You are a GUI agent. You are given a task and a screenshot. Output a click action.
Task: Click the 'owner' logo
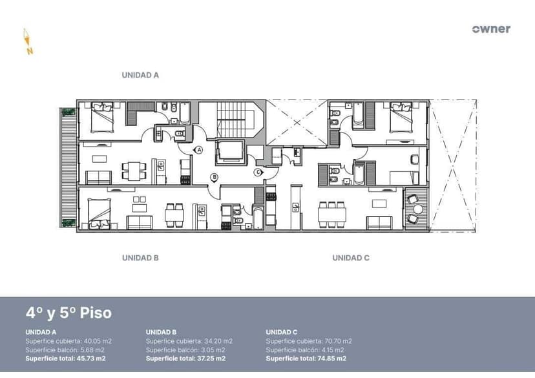tap(491, 29)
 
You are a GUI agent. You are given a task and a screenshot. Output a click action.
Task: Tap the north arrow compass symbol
tap(28, 42)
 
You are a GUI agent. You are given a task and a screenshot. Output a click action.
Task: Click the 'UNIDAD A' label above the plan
tap(140, 75)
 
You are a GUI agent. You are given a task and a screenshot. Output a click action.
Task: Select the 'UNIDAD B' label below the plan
tap(140, 258)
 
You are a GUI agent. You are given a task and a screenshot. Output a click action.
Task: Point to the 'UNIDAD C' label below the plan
tap(351, 258)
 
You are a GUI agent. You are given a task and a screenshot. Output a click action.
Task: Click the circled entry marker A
tap(199, 149)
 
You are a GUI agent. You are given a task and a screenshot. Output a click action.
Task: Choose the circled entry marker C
tap(258, 172)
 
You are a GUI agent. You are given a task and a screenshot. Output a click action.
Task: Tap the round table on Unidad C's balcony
tap(417, 209)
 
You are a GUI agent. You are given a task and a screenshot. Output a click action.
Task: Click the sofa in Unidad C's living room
tap(379, 223)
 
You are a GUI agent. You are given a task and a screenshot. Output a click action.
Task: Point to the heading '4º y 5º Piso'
tap(68, 313)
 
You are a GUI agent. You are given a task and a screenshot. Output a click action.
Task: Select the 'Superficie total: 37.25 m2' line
tap(185, 358)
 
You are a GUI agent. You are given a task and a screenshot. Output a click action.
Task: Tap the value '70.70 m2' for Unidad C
tap(338, 341)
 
